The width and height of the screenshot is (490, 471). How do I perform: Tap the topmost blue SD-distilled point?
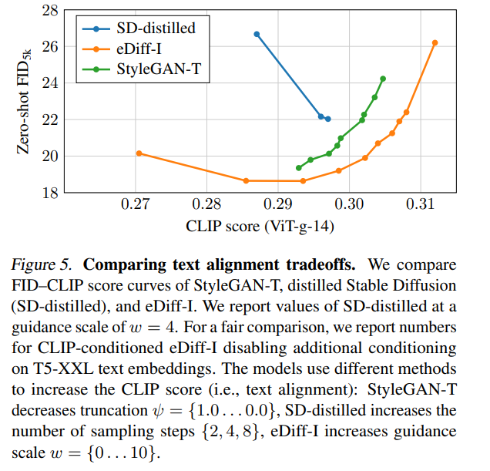point(257,34)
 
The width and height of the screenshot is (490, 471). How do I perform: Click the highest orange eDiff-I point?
point(435,43)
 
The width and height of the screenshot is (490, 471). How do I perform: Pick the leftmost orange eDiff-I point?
point(139,153)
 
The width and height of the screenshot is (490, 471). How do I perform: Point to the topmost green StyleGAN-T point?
point(383,79)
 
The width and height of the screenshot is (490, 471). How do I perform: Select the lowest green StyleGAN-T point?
point(299,167)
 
